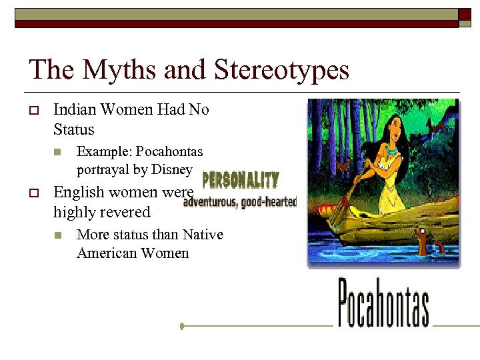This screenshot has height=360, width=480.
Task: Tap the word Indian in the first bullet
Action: click(x=75, y=109)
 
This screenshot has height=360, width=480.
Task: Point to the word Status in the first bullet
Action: click(x=74, y=129)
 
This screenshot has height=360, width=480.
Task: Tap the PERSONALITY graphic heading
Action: click(x=240, y=180)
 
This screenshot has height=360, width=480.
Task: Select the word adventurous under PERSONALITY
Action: click(x=209, y=201)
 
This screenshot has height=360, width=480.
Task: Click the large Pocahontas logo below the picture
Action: click(x=383, y=303)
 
